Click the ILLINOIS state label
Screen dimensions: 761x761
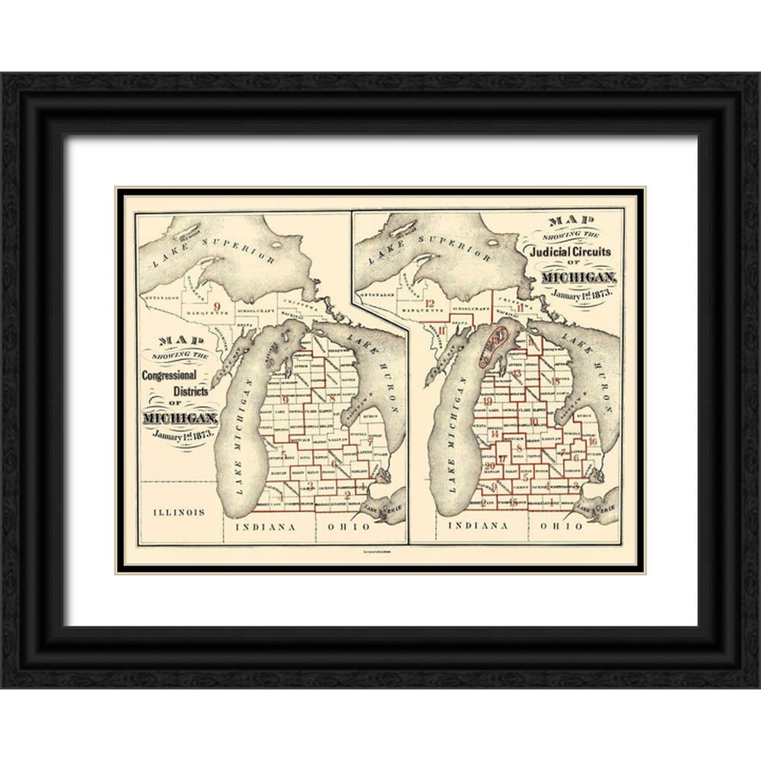[x=179, y=512]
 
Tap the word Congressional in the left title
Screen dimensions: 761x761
[x=169, y=375]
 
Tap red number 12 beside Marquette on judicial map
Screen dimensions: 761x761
[x=430, y=304]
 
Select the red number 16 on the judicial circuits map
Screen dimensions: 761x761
[x=592, y=441]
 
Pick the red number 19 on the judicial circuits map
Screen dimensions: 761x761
[x=488, y=400]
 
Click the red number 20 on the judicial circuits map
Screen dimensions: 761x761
[x=490, y=465]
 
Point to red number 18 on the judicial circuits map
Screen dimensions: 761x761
[x=556, y=380]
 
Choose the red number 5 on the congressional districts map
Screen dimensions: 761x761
[x=283, y=455]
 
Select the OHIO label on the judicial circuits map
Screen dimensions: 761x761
[x=567, y=526]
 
